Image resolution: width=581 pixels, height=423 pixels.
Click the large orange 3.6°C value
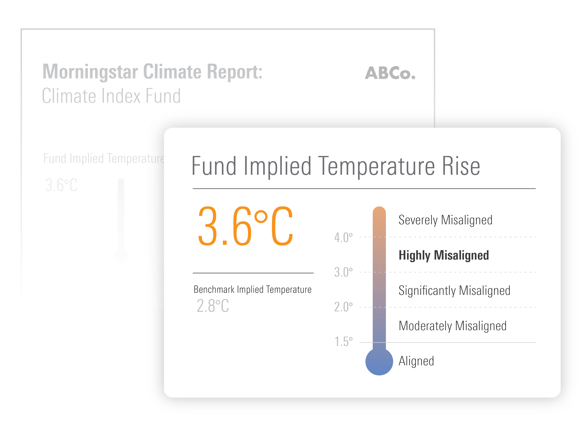coord(245,226)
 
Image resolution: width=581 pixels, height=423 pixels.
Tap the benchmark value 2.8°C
coord(213,306)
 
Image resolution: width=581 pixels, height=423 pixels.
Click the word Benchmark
coord(214,290)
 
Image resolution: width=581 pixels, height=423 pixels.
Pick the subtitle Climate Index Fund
coord(111,96)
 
